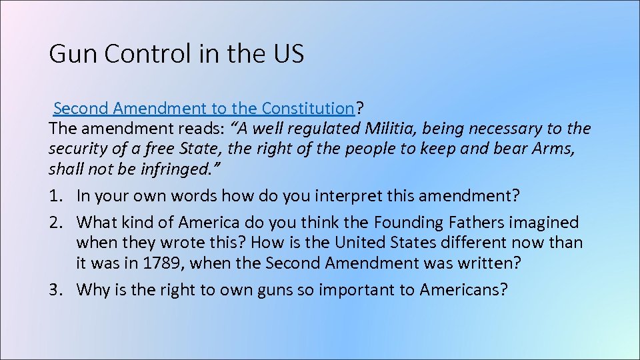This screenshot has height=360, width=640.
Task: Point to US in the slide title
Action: coord(289,54)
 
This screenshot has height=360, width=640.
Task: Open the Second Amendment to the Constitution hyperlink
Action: coord(203,108)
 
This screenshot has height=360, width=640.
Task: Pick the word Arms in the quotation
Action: coord(552,148)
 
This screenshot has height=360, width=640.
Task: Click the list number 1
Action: coord(55,196)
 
